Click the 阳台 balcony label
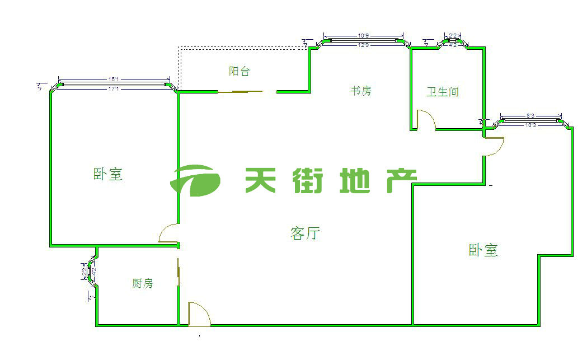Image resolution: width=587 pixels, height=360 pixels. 239,71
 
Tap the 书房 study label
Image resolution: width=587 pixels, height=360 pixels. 360,90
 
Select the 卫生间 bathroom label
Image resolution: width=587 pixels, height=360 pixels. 442,92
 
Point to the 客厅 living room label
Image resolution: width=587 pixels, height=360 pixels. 305,233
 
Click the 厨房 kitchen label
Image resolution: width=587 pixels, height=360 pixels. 142,283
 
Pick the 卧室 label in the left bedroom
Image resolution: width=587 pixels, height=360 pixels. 107,174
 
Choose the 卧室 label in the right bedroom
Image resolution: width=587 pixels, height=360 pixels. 483,250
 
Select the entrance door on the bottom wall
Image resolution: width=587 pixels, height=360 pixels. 198,314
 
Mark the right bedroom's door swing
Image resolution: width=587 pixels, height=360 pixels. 495,145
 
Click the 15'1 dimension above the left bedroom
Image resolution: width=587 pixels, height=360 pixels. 114,80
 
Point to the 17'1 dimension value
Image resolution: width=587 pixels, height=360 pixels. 114,88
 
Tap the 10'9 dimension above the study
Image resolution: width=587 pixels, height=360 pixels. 363,36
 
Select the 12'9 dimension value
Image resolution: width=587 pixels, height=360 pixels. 363,45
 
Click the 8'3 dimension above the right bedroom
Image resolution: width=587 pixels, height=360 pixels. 530,116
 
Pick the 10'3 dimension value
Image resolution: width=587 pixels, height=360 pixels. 530,125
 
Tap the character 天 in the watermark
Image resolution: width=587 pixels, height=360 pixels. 263,180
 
